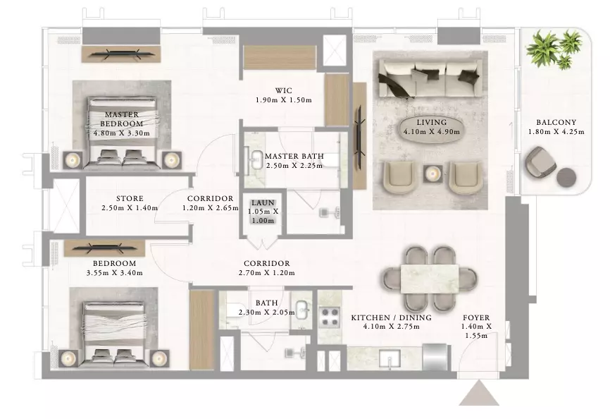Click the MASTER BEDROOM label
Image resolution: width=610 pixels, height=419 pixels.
[x=122, y=119]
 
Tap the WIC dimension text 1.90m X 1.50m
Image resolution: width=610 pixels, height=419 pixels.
[x=284, y=100]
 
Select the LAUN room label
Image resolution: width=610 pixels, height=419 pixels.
[x=263, y=203]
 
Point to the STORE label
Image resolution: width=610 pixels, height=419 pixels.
[x=130, y=199]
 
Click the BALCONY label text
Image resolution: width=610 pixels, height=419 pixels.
[x=556, y=122]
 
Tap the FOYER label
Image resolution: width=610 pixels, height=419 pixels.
[x=476, y=317]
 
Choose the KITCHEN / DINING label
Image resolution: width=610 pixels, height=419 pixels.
[x=392, y=317]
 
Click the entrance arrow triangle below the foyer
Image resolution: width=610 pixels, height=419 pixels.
[x=479, y=394]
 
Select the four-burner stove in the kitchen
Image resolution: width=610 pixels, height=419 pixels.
[x=329, y=317]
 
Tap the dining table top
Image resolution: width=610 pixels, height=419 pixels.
[x=430, y=279]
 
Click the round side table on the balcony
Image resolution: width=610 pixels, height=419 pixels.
[x=566, y=177]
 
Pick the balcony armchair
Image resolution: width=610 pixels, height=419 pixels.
[x=540, y=162]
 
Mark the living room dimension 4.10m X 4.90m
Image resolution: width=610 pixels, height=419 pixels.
[x=431, y=132]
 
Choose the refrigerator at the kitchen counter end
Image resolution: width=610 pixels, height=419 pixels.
[x=435, y=357]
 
